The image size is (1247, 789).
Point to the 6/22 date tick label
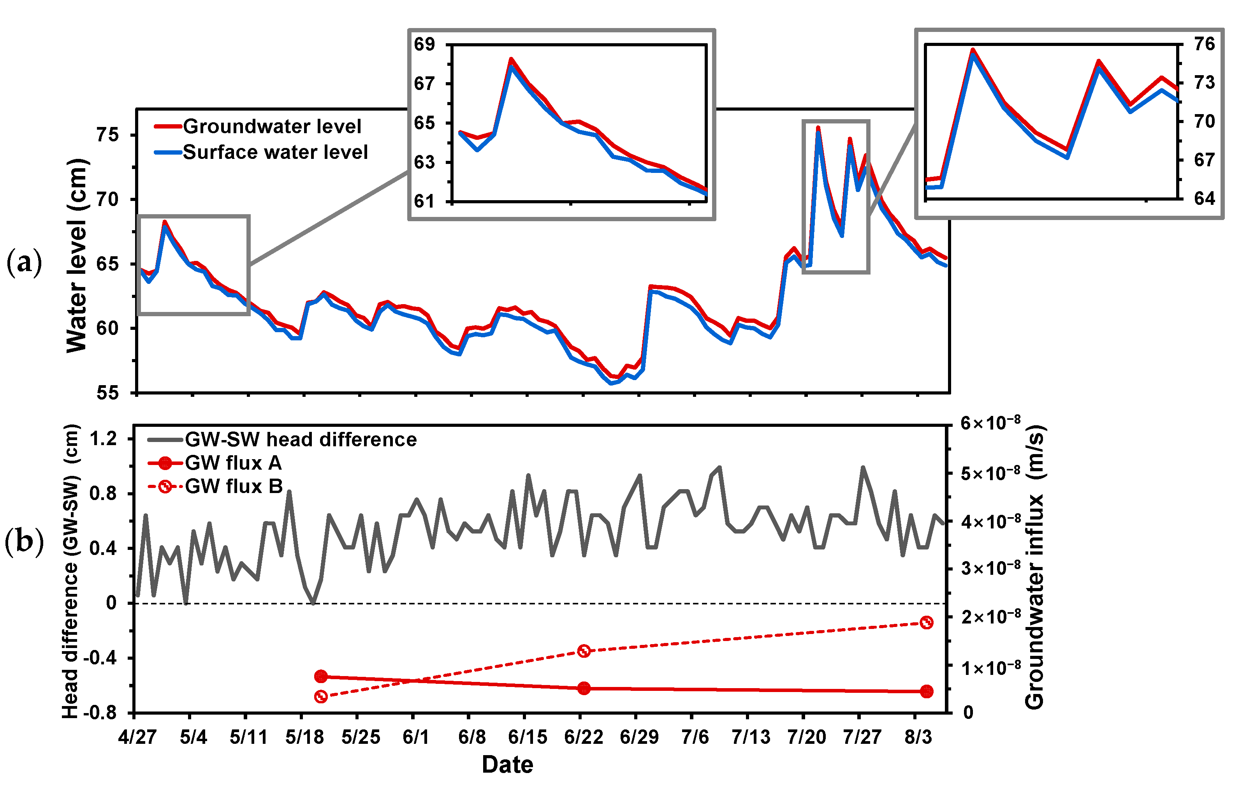583,737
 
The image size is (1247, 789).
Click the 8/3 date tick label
918,737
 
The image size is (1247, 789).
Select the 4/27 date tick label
137,737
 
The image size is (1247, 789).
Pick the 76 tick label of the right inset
1204,44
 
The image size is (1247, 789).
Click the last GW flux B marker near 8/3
927,623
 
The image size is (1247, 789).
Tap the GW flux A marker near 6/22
584,688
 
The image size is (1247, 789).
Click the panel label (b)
24,541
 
